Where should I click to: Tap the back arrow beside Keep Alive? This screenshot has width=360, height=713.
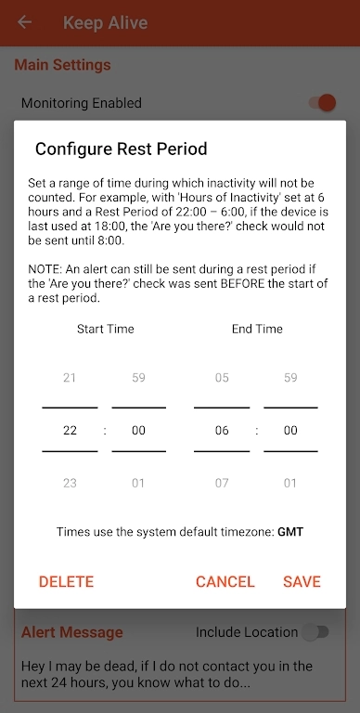point(24,22)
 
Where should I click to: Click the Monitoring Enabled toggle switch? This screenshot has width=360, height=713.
point(322,103)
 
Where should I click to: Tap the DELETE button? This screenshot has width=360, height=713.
point(67,581)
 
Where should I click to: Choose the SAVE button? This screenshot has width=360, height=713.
point(302,581)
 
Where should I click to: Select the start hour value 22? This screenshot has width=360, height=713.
point(70,430)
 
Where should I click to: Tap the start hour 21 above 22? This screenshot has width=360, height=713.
point(70,378)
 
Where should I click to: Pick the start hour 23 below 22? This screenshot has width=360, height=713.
point(70,483)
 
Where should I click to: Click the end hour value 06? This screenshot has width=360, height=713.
point(222,430)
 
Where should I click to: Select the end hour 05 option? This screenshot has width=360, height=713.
point(222,378)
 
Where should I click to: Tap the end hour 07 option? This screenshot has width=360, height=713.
point(222,483)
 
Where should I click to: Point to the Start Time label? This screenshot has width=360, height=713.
point(106,329)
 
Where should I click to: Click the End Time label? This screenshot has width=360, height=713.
point(257,329)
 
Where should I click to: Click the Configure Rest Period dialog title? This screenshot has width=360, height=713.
point(122,149)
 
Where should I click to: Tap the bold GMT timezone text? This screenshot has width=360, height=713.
point(290,532)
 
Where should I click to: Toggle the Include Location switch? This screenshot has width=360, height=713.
point(315,632)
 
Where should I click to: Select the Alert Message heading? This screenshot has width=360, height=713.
point(72,632)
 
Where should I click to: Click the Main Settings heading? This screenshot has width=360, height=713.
point(63,65)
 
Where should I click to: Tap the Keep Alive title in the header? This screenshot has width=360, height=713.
point(106,22)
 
